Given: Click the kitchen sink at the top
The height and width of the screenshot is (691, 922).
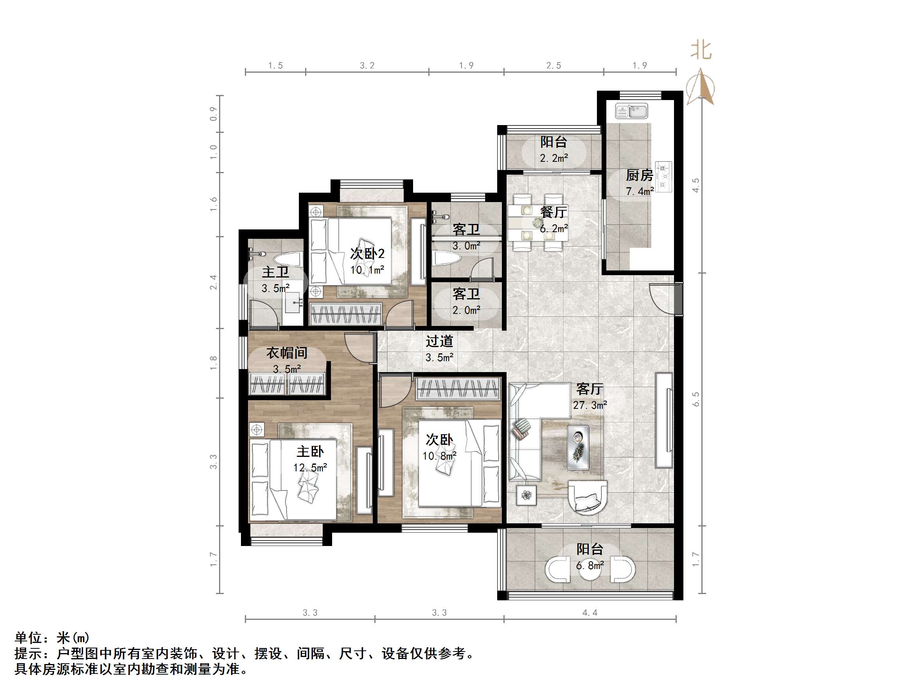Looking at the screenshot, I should point(631,111).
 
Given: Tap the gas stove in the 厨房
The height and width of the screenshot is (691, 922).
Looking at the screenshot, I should point(663,177).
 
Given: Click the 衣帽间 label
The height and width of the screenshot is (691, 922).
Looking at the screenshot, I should point(287,353).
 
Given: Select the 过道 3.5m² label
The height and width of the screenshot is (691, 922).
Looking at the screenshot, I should point(439,349).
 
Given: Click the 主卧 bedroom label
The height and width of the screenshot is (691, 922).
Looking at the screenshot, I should point(310,451).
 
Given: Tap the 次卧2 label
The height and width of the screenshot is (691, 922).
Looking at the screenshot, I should point(367,253).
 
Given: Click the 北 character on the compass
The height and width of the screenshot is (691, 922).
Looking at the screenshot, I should point(701,50).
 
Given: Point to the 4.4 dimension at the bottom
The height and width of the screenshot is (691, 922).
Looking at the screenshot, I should point(590,612).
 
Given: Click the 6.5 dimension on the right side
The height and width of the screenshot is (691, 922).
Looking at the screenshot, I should point(696,399).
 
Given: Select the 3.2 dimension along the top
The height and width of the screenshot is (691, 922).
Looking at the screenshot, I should point(367,65).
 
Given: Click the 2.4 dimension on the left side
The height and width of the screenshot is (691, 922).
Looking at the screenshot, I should point(214,282).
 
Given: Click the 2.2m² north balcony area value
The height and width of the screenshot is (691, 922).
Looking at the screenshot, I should point(554,158).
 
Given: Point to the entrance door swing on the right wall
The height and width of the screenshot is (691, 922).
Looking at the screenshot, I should point(663,298).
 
